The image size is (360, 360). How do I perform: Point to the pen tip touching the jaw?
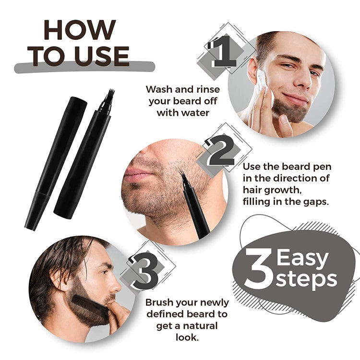coord(183,177)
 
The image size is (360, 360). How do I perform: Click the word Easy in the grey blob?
coord(303,259)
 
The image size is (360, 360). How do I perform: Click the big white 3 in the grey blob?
coord(258,269)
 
